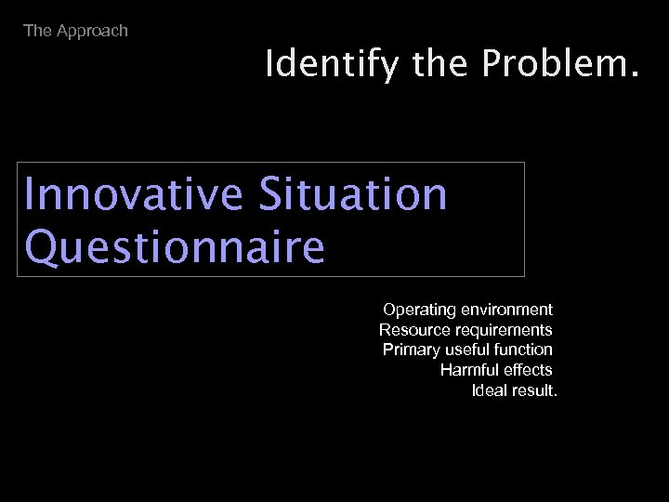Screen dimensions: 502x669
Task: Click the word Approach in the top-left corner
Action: pyautogui.click(x=92, y=31)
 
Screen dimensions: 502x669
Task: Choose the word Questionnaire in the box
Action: pyautogui.click(x=176, y=246)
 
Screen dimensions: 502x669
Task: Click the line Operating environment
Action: pyautogui.click(x=467, y=309)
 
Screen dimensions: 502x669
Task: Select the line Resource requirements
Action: pyautogui.click(x=466, y=329)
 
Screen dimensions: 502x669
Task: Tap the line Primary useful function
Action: pyautogui.click(x=467, y=350)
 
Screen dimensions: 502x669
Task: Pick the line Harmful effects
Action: pyautogui.click(x=496, y=370)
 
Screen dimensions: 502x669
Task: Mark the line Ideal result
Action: pyautogui.click(x=515, y=390)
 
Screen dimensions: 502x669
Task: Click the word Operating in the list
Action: pyautogui.click(x=415, y=309)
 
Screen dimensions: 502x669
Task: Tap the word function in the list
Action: pyautogui.click(x=525, y=350)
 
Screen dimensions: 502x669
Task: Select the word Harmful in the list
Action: pyautogui.click(x=469, y=370)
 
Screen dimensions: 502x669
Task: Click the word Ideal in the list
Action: pyautogui.click(x=489, y=390)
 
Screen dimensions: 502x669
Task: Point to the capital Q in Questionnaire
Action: pyautogui.click(x=43, y=246)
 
